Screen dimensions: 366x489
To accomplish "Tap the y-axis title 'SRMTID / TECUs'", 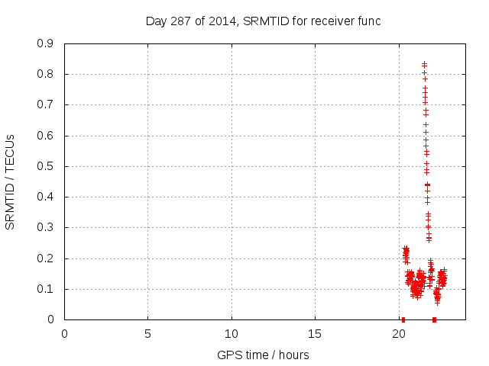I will pyautogui.click(x=10, y=181).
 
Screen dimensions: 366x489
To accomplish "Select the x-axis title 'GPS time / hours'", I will pyautogui.click(x=263, y=355).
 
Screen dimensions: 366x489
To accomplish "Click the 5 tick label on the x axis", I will pyautogui.click(x=147, y=334).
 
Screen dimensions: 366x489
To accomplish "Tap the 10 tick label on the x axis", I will pyautogui.click(x=231, y=334).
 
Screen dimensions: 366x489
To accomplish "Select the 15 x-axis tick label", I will pyautogui.click(x=315, y=334).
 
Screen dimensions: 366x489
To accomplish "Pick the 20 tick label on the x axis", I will pyautogui.click(x=398, y=334).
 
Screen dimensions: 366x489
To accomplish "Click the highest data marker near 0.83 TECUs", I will pyautogui.click(x=424, y=64).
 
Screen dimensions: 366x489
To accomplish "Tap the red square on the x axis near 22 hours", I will pyautogui.click(x=434, y=319).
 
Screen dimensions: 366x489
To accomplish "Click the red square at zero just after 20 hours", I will pyautogui.click(x=403, y=319).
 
